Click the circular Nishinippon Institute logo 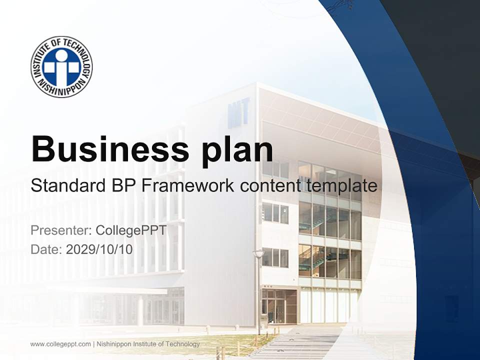click(x=61, y=66)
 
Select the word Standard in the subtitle click(x=67, y=186)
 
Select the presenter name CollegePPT click(x=130, y=230)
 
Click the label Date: click(x=46, y=249)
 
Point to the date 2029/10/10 click(x=99, y=249)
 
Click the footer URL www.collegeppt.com click(x=60, y=344)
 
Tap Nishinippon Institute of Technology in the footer click(x=148, y=344)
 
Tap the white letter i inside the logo click(x=61, y=67)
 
